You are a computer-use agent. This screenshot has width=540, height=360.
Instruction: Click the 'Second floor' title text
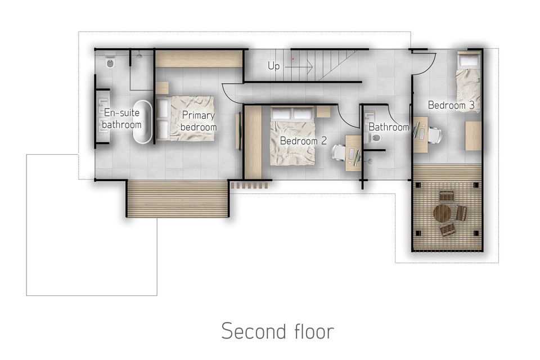pos(277,331)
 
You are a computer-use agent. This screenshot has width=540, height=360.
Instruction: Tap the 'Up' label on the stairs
pos(274,65)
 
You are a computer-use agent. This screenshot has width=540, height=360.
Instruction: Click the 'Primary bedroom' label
pos(199,121)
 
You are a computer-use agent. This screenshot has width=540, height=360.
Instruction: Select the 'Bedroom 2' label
pos(303,141)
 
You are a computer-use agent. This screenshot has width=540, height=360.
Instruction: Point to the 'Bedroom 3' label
pos(451,105)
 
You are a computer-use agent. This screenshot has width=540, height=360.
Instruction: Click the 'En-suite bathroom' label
pos(121,119)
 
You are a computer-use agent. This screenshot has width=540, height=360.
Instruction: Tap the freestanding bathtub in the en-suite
pos(142,121)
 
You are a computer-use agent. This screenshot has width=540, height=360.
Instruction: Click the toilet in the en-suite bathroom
pos(110,62)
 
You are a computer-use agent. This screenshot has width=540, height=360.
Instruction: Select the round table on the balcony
pos(442,213)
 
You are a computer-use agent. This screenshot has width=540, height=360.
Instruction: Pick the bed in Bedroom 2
pos(292,136)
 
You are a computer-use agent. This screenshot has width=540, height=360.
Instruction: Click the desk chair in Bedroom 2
pos(339,152)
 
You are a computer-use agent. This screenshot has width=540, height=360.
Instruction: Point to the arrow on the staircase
pos(298,67)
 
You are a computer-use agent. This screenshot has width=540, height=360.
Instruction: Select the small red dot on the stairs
pos(293,59)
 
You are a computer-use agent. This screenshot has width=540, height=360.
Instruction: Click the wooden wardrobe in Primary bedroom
pos(199,58)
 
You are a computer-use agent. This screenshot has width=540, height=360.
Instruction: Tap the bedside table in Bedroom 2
pos(323,111)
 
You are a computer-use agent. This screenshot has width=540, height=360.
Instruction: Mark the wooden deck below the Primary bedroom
pos(178,199)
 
